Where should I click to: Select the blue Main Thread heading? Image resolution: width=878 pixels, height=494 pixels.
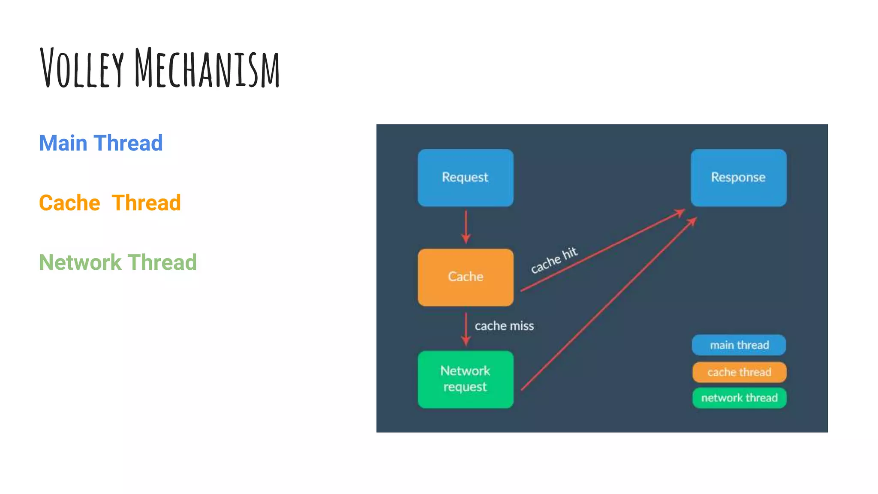click(x=101, y=143)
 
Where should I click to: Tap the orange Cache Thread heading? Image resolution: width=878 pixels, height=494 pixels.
click(x=110, y=203)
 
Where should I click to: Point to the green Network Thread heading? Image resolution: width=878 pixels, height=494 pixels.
click(x=118, y=262)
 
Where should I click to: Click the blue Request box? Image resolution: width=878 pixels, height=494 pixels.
click(x=466, y=178)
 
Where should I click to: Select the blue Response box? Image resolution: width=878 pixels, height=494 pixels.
click(x=738, y=178)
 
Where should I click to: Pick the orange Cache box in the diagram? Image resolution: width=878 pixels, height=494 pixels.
click(x=466, y=277)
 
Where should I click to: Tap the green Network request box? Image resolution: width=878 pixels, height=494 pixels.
click(x=466, y=379)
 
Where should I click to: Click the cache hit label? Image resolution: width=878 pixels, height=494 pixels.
click(x=554, y=260)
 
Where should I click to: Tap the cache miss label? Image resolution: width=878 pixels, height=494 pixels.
click(x=504, y=326)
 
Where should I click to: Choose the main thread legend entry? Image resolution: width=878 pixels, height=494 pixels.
click(x=739, y=345)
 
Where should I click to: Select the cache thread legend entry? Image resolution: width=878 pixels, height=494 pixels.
click(x=739, y=372)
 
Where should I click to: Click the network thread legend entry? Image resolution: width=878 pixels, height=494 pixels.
click(x=739, y=398)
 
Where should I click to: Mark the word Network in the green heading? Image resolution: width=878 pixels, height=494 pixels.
click(x=80, y=262)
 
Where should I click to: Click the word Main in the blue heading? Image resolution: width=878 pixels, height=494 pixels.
click(x=63, y=143)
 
